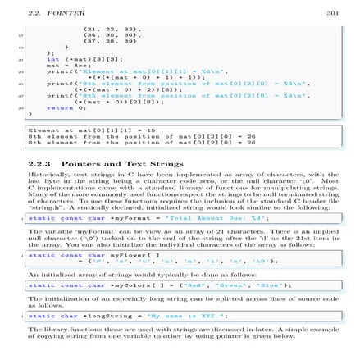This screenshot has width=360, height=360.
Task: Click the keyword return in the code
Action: coord(43,107)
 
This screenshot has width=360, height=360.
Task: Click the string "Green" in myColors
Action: coord(223,285)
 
